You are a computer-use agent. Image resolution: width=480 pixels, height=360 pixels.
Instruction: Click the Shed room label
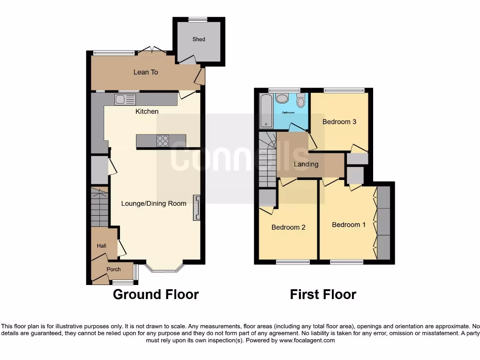(199, 39)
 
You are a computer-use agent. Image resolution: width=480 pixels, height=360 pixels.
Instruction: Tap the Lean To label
(146, 72)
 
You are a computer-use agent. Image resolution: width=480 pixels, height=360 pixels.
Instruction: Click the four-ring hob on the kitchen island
(163, 141)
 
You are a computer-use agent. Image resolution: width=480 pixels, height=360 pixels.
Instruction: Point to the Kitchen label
(147, 112)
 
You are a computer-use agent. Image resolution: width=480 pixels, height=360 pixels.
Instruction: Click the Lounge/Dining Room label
(154, 203)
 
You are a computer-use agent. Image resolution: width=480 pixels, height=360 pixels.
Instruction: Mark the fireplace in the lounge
(196, 207)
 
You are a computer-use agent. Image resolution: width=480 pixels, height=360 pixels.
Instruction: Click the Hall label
(102, 246)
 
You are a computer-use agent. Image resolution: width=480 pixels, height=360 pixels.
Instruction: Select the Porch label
(113, 270)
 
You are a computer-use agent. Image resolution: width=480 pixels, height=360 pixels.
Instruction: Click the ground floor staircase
(99, 207)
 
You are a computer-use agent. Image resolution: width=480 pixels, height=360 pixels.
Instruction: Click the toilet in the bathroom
(300, 100)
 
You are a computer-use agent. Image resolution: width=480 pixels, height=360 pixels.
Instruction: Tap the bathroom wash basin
(282, 98)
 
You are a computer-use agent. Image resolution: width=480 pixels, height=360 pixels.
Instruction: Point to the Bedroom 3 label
(339, 122)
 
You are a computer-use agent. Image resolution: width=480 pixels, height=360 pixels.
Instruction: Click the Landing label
(306, 164)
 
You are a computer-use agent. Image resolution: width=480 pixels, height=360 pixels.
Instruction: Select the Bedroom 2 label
(289, 227)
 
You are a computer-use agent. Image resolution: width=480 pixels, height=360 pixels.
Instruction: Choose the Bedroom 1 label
(349, 225)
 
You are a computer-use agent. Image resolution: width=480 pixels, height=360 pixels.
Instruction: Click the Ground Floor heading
(156, 294)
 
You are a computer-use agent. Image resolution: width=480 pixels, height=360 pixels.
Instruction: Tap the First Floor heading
(323, 294)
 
